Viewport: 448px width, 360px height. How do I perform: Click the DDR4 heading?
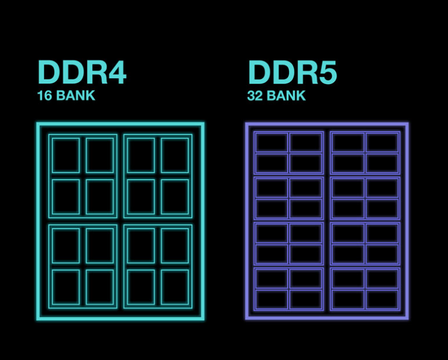[x=82, y=72]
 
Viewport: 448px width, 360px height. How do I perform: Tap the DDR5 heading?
[x=293, y=72]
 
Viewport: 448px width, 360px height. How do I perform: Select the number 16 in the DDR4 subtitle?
[x=44, y=95]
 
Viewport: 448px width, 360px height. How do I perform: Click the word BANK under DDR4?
[x=76, y=95]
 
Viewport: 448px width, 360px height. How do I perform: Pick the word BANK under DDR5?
[x=286, y=96]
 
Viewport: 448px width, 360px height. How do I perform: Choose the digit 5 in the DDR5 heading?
[x=328, y=73]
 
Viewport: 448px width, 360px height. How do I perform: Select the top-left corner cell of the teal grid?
[x=66, y=155]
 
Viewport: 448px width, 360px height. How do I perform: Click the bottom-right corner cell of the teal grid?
[x=175, y=287]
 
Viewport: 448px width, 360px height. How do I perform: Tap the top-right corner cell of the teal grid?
[x=175, y=155]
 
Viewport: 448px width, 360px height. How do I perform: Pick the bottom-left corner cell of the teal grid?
[x=66, y=287]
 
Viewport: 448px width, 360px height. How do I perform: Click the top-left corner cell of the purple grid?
[x=272, y=142]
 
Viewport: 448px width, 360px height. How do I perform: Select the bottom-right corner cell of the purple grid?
[x=382, y=299]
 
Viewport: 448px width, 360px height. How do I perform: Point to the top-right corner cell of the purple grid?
[x=382, y=142]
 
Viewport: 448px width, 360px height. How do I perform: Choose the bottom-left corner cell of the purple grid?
[x=272, y=299]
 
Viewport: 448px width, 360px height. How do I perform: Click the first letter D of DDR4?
[x=50, y=72]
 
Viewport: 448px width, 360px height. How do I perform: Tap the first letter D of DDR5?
[x=260, y=72]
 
